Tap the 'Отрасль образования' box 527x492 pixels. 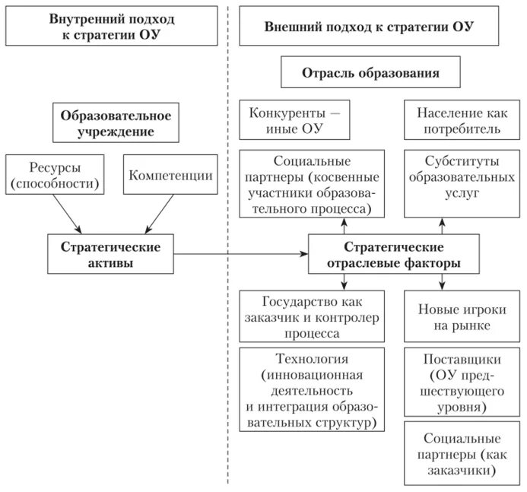click(x=370, y=75)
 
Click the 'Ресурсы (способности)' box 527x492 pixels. click(x=55, y=175)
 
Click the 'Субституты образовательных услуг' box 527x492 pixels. click(x=457, y=179)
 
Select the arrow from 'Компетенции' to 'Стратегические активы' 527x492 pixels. click(x=159, y=215)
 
